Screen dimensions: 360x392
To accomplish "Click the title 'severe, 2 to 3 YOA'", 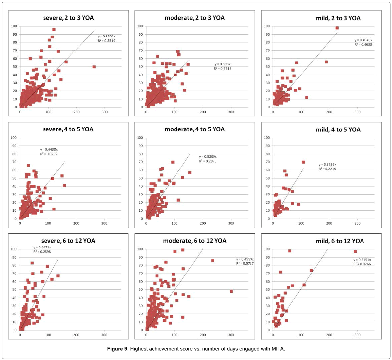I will pos(68,18).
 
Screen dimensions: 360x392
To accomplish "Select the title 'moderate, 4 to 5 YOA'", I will pos(194,129).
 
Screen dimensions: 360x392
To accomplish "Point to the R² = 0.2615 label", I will pos(223,69).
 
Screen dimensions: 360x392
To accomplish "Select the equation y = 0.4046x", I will pos(363,40).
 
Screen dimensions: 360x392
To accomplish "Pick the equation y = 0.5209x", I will pos(208,157).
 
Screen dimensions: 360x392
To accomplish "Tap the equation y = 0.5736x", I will pos(327,165).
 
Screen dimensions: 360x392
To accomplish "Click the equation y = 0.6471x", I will pos(42,248).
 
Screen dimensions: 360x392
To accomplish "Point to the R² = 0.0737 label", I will pos(245,264).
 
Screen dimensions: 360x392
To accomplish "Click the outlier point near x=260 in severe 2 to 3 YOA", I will pos(94,67).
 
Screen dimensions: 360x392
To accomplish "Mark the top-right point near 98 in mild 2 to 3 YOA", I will pos(337,28).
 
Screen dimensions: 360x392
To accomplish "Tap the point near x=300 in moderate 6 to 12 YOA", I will pos(231,291).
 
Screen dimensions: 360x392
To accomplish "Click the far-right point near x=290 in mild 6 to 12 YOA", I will pos(355,252).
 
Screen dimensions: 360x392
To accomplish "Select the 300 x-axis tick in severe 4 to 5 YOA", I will pos(104,223).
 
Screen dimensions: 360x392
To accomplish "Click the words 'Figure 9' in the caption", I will pos(117,349).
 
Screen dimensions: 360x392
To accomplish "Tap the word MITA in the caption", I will pos(279,349).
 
